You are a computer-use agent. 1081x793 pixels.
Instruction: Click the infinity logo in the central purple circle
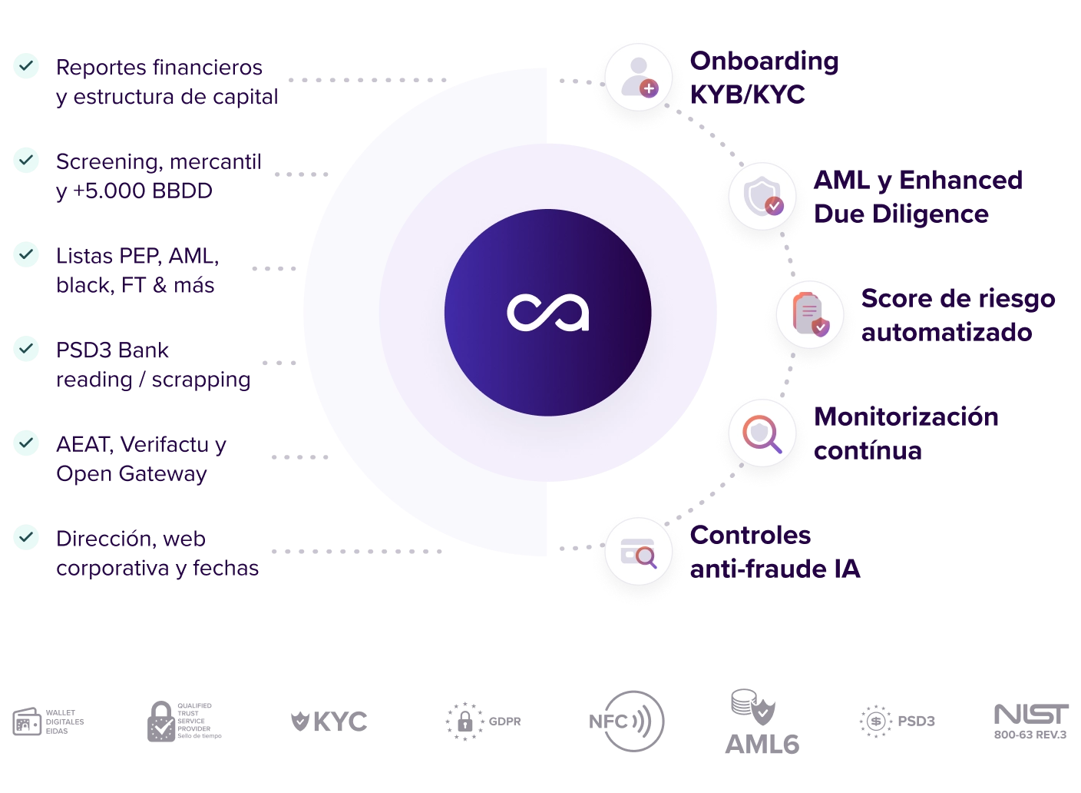(x=547, y=313)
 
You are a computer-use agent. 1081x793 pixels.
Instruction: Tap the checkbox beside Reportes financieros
(x=27, y=66)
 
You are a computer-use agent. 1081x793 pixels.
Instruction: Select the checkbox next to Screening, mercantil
(x=27, y=160)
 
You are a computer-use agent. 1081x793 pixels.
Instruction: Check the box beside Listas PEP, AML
(x=27, y=254)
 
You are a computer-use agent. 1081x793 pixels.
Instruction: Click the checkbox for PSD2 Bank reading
(x=27, y=349)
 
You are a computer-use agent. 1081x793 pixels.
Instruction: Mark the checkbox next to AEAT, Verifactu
(x=27, y=443)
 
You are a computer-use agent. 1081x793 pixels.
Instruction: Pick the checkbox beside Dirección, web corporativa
(x=27, y=537)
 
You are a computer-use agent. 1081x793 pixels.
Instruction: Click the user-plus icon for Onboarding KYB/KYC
(x=638, y=78)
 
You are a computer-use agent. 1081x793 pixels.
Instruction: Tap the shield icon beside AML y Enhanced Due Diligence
(x=762, y=197)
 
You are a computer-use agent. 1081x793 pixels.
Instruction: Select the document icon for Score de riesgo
(x=809, y=314)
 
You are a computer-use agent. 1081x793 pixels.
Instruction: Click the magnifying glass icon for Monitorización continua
(x=762, y=434)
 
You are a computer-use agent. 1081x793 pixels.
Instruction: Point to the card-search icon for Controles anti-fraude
(x=638, y=552)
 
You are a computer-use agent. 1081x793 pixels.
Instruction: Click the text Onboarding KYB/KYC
(x=764, y=78)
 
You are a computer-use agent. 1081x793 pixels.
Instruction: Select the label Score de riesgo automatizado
(x=957, y=315)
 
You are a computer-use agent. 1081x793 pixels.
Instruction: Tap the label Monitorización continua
(x=906, y=433)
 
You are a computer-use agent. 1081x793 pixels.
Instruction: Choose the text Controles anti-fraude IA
(x=774, y=552)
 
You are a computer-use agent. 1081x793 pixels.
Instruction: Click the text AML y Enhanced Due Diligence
(x=918, y=197)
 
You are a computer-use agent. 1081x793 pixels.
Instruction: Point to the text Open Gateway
(x=131, y=473)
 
